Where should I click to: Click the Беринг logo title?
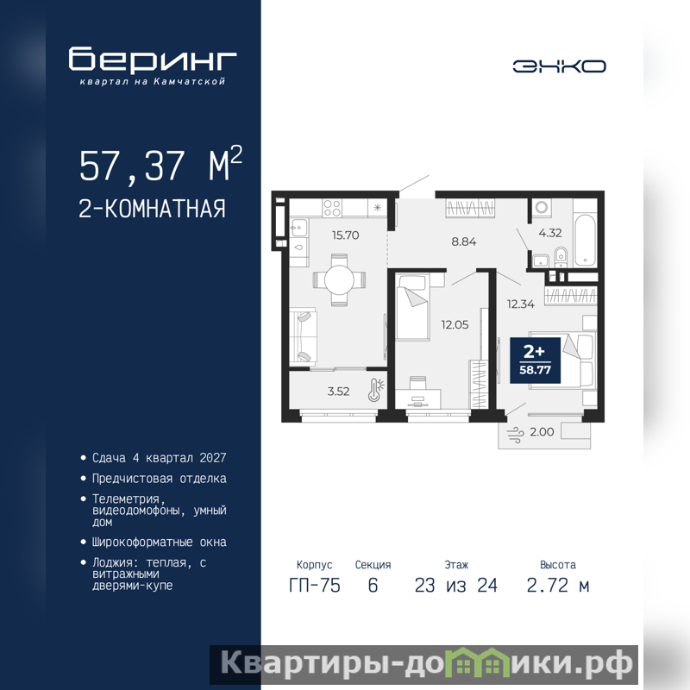153,59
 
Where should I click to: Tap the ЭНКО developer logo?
559,66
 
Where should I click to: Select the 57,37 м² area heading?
160,164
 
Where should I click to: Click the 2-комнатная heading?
153,209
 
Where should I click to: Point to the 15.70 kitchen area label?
346,235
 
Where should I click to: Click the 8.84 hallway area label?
464,241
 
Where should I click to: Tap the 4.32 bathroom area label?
550,233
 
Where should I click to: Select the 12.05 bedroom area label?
455,325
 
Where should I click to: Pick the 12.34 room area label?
521,304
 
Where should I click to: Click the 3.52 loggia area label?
338,392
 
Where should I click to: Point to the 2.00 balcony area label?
542,432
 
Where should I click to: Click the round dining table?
339,279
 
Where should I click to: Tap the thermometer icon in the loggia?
376,390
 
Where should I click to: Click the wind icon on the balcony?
515,434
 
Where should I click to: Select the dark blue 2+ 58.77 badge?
535,361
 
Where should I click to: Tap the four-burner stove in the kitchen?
332,208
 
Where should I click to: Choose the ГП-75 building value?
315,586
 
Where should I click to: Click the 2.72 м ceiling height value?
558,586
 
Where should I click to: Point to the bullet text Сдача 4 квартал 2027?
159,458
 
